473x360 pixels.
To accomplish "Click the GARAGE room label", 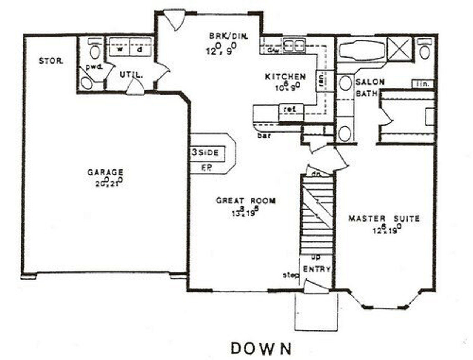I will coord(105,172).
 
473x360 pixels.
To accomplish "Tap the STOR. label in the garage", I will coord(51,61).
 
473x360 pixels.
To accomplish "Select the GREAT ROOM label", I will coord(246,200).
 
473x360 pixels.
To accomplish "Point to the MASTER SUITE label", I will coord(384,219).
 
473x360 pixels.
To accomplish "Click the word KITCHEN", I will coord(285,77).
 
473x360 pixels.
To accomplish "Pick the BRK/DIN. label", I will coord(228,36).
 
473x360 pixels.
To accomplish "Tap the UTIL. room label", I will coord(131,75).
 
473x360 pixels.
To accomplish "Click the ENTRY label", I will coord(317,270).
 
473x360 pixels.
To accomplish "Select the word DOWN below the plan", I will coord(261,348).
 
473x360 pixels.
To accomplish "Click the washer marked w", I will coord(120,49).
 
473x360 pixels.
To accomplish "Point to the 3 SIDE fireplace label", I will coord(205,152).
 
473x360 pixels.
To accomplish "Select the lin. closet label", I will coord(422,84).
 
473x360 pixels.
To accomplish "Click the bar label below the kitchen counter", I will coord(264,135).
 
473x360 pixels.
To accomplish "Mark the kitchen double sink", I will coord(293,45).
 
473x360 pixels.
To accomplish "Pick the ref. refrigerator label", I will coord(291,109).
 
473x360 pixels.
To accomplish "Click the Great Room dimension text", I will coord(244,212).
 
